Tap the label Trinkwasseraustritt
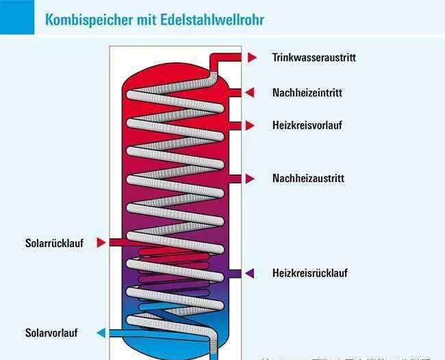314,57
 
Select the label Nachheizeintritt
307,92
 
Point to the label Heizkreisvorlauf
307,125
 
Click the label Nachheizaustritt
308,179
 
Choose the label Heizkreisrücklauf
309,273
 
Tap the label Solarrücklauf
54,243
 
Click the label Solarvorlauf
51,333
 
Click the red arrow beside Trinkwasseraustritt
253,57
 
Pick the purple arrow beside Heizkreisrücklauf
250,273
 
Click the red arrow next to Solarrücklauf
101,242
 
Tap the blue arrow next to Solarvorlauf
101,333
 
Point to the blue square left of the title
16,17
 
